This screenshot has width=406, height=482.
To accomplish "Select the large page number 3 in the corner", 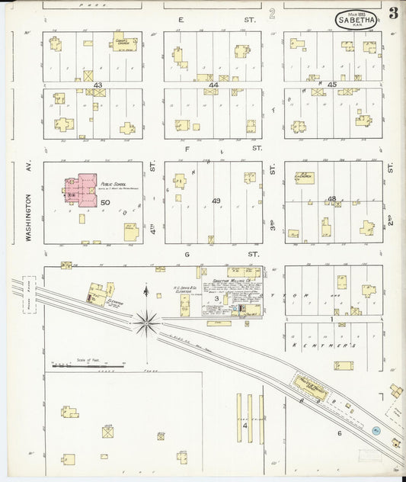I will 393,13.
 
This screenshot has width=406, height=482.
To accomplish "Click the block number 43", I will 54,85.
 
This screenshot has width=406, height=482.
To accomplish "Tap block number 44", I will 213,85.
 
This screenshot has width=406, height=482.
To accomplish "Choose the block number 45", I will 332,85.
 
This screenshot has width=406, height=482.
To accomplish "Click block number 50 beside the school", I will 105,202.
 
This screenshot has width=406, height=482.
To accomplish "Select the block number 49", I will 216,201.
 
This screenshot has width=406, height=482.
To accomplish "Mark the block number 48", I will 332,199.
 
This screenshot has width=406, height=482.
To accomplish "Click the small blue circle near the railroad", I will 376,431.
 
